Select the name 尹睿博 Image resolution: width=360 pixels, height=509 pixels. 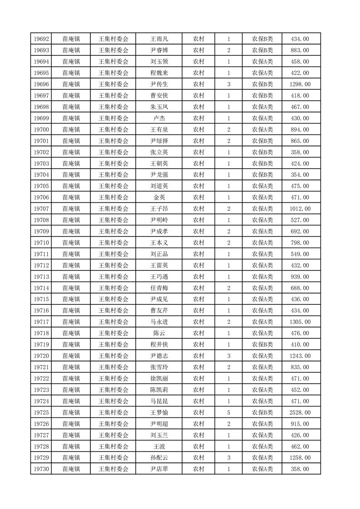pos(159,50)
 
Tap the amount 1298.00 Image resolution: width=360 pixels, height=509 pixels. pos(300,84)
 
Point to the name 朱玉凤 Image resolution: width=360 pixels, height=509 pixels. pos(159,107)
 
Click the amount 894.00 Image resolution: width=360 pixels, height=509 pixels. pos(300,130)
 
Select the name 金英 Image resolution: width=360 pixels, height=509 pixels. pos(159,197)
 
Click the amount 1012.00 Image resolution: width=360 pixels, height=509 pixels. pos(300,209)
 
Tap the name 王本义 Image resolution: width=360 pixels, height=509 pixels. pos(159,243)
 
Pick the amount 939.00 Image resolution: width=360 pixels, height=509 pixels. pos(300,277)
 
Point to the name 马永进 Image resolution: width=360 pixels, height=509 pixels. pos(159,322)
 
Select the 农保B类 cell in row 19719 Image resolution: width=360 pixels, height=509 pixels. pos(262,345)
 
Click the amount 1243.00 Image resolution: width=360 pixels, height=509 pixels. pos(300,356)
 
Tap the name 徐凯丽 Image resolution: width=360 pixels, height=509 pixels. pos(159,379)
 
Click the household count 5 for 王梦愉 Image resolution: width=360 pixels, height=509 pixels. pos(228,413)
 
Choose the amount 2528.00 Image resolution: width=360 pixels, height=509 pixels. pos(300,413)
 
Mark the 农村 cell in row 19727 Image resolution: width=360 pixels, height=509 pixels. pos(198,436)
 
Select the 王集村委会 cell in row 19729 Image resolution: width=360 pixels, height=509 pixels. pos(113,458)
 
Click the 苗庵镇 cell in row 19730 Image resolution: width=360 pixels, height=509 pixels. pos(71,470)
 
